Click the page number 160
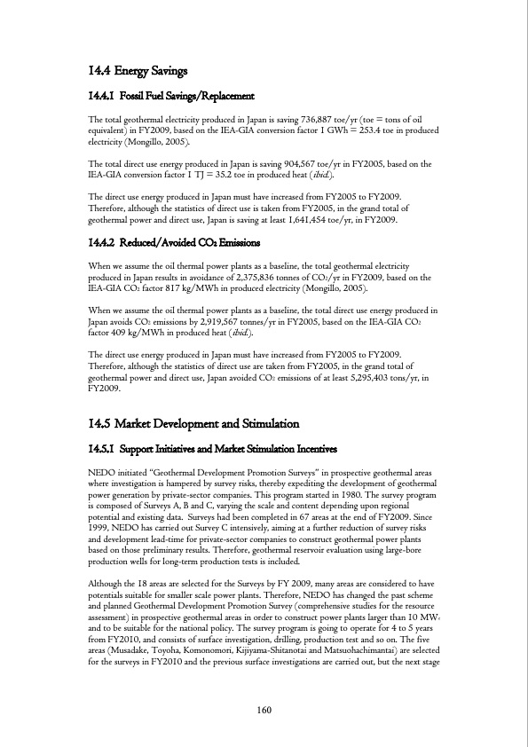(x=264, y=709)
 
